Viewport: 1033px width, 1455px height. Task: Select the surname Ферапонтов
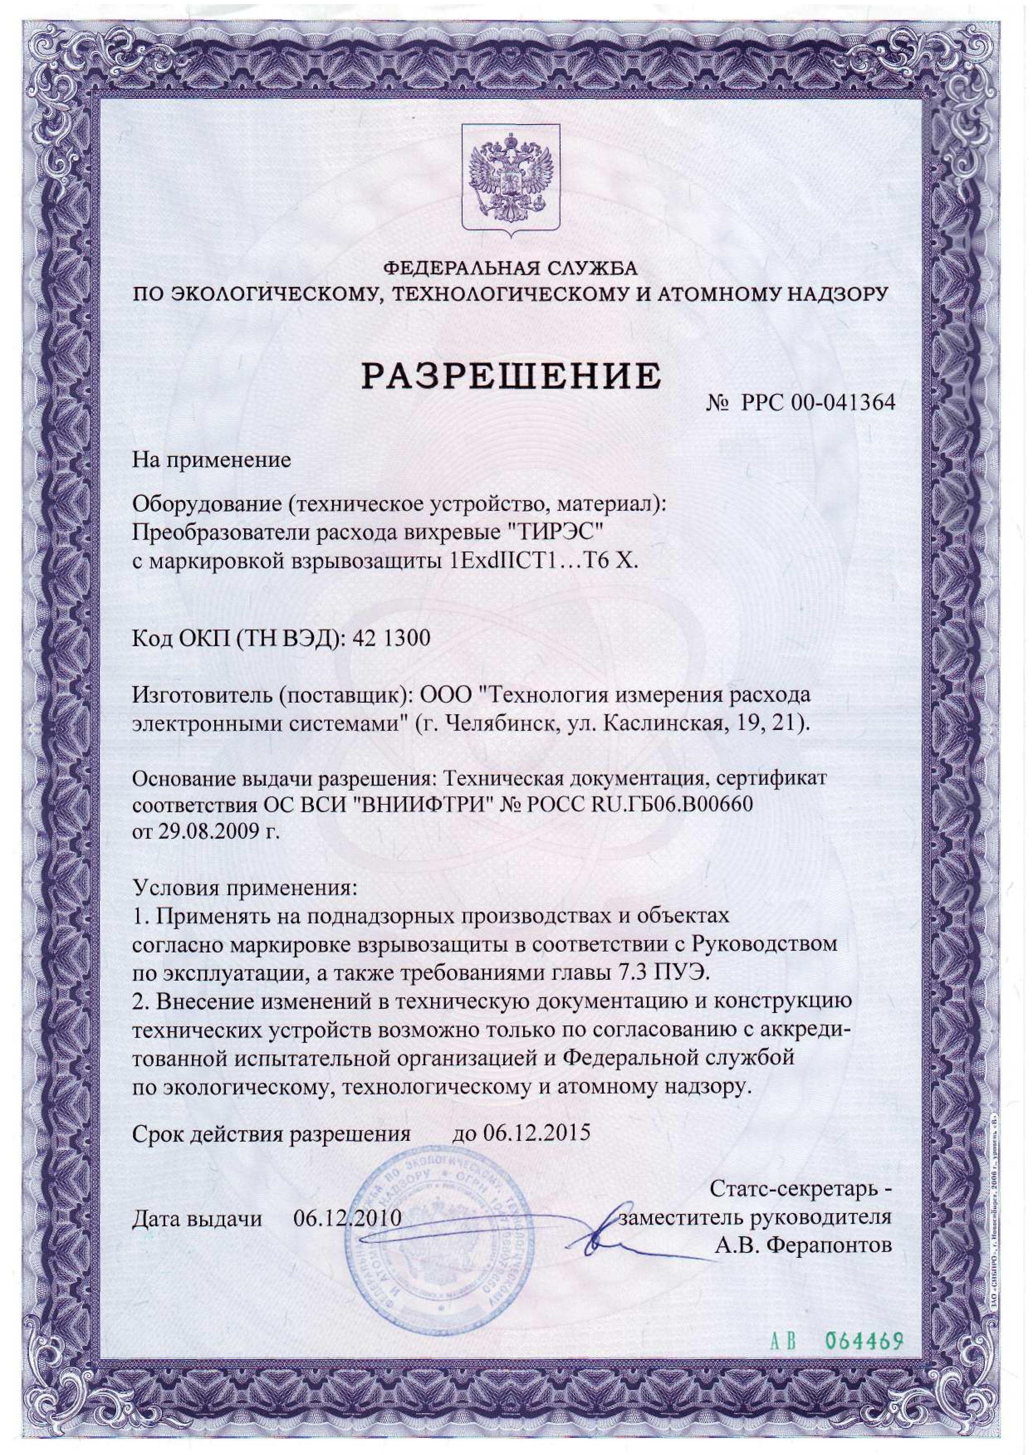click(829, 1245)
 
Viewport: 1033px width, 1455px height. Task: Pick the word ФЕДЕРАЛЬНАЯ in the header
click(453, 268)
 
